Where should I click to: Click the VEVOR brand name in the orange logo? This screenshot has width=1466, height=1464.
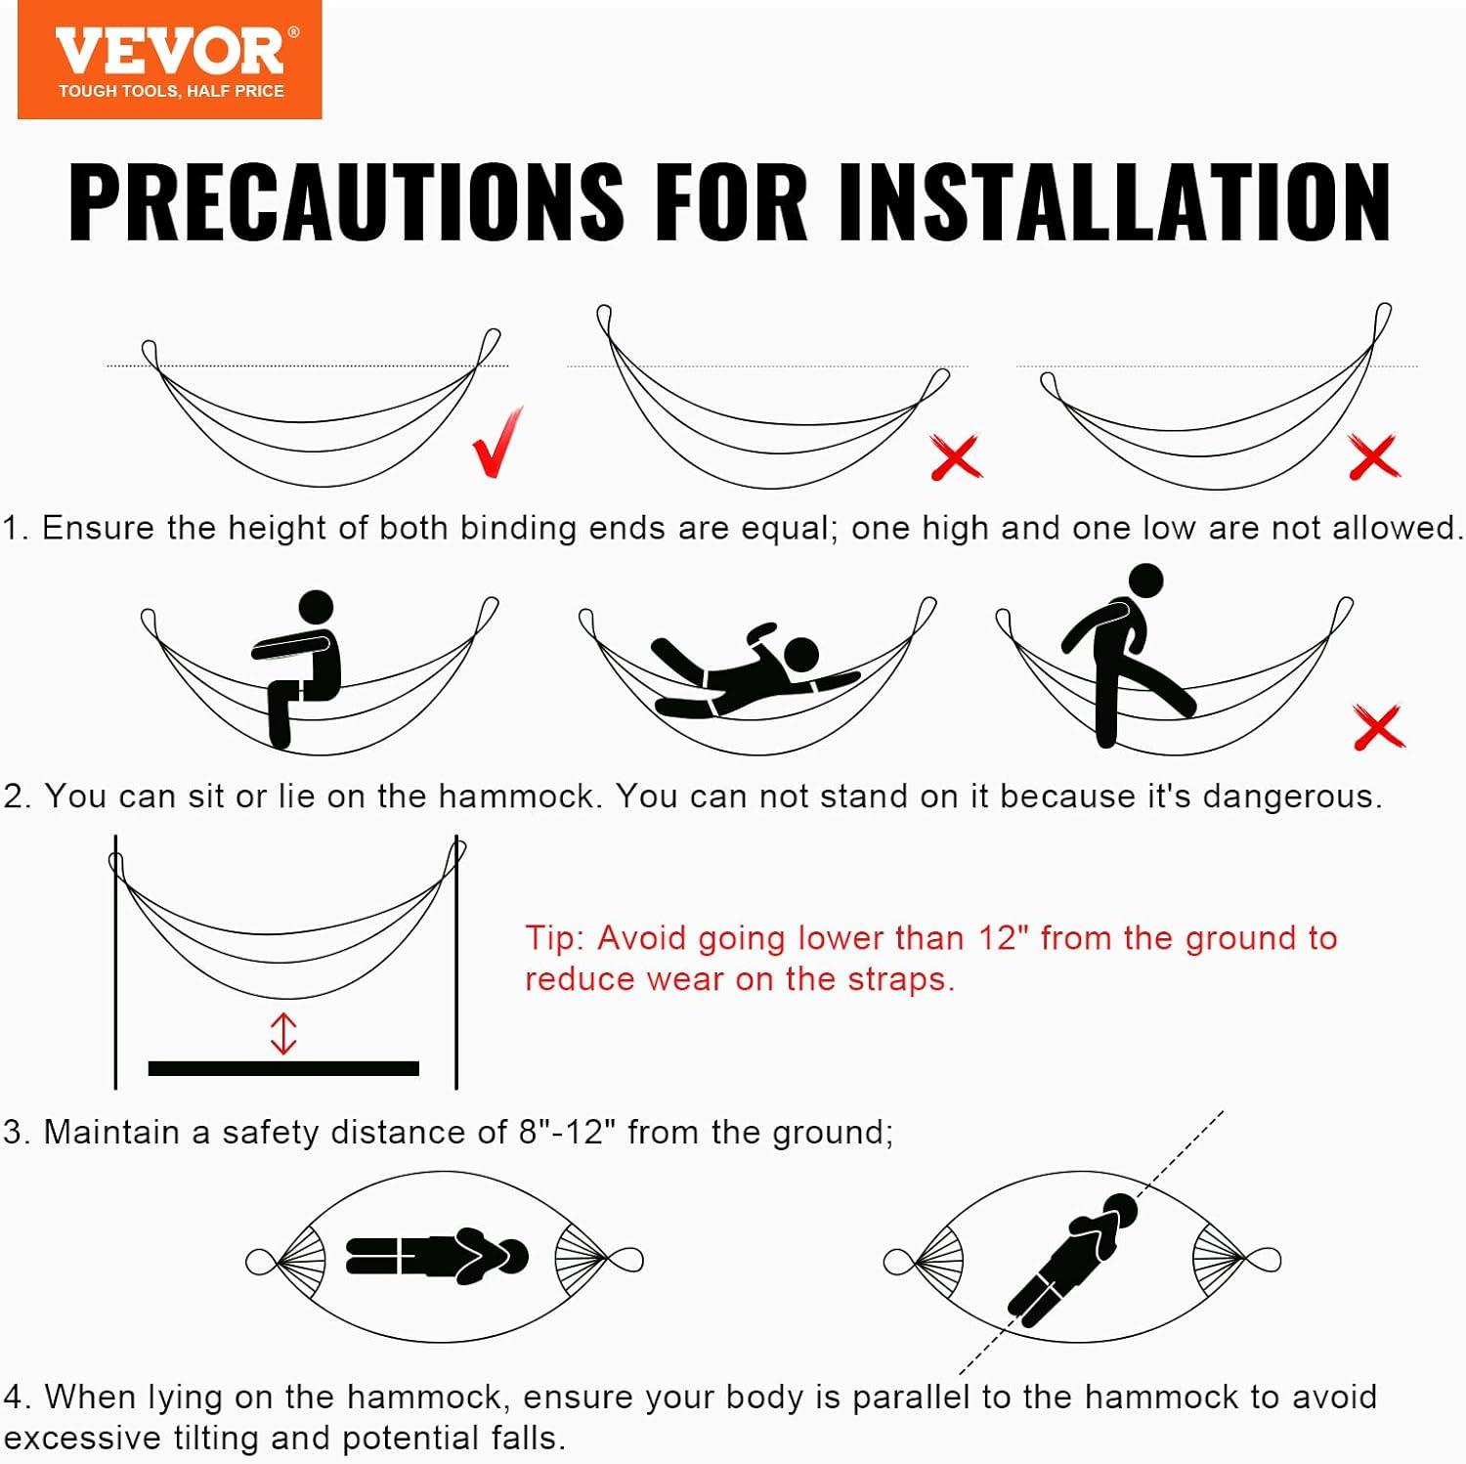point(170,52)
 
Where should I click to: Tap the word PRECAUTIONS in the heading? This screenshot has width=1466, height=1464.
point(346,201)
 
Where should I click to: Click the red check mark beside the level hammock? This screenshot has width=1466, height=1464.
point(498,442)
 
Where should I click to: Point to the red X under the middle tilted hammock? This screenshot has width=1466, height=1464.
point(956,457)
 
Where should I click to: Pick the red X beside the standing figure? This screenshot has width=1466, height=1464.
point(1378,726)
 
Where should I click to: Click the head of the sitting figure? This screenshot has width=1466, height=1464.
point(316,607)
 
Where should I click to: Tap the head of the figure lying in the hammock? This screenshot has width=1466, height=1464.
point(801,655)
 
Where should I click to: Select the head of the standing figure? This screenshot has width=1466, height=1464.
point(1145,581)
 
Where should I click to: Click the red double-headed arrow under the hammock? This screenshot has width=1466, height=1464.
point(283,1033)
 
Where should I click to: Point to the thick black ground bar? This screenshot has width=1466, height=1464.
point(283,1068)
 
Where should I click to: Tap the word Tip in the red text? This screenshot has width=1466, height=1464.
point(554,939)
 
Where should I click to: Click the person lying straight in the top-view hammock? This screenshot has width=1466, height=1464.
point(437,1256)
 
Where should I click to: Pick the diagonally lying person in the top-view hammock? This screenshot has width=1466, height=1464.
point(1073,1257)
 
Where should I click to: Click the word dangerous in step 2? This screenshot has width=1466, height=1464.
point(1292,797)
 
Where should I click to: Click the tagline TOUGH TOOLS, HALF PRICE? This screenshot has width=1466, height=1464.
point(171,91)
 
